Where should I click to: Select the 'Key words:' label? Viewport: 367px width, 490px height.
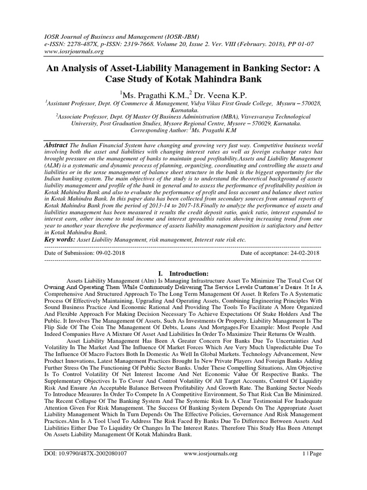pyautogui.click(x=60, y=238)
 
